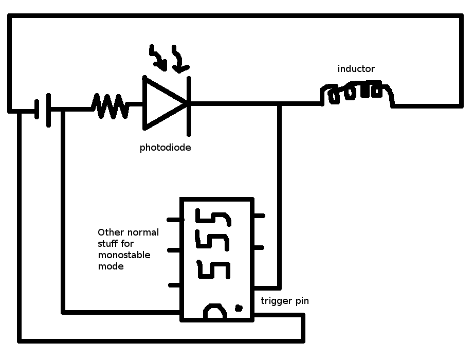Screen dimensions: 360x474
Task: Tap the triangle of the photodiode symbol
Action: pyautogui.click(x=162, y=102)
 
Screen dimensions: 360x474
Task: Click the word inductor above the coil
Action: pyautogui.click(x=356, y=69)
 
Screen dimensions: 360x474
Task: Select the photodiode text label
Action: pyautogui.click(x=166, y=148)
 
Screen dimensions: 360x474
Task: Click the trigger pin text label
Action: pyautogui.click(x=285, y=301)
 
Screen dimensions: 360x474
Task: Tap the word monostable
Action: pyautogui.click(x=124, y=255)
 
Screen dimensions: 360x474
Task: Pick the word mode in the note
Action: pyautogui.click(x=111, y=266)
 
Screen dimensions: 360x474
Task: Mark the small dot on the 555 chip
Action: pyautogui.click(x=239, y=308)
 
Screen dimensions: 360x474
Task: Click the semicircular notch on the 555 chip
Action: pyautogui.click(x=214, y=313)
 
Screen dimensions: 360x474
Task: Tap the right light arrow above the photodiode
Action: pyautogui.click(x=180, y=60)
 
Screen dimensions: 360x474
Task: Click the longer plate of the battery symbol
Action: pyautogui.click(x=49, y=110)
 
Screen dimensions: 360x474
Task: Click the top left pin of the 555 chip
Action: pyautogui.click(x=175, y=220)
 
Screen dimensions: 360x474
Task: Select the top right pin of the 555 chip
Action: pyautogui.click(x=259, y=216)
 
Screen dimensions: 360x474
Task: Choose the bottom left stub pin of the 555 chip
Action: pyautogui.click(x=175, y=285)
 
